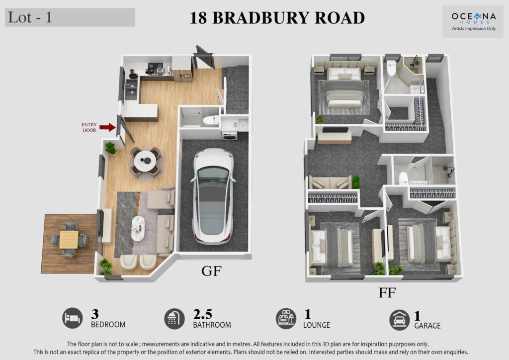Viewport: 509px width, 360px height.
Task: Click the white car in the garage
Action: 213,196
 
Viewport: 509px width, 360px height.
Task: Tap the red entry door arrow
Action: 107,127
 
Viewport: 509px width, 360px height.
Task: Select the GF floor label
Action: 211,270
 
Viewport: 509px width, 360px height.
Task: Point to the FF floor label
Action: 387,293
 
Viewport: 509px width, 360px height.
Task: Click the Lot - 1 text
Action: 30,17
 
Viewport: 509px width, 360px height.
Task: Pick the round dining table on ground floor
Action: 145,161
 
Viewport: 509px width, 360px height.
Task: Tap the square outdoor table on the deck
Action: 69,240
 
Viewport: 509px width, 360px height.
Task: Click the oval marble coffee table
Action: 138,229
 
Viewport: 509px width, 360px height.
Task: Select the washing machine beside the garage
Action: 230,136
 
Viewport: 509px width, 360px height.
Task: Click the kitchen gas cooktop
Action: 155,68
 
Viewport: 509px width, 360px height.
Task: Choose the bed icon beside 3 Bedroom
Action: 73,318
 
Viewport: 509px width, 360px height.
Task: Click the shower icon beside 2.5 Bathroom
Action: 174,319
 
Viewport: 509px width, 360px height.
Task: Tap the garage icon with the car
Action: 399,320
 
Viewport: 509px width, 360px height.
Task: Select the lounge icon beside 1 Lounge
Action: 286,319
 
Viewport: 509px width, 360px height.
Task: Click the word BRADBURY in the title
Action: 260,18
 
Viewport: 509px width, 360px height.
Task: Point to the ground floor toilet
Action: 211,121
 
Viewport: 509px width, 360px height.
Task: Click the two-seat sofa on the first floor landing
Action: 330,182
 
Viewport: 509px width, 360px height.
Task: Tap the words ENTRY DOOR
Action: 89,127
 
